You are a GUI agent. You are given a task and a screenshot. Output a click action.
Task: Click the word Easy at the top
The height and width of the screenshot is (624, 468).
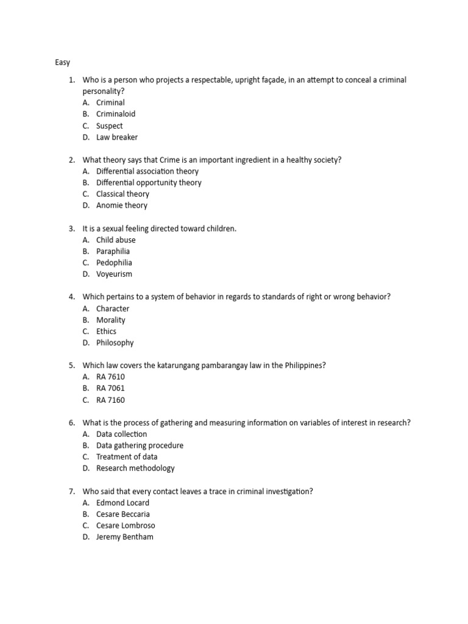tap(62, 62)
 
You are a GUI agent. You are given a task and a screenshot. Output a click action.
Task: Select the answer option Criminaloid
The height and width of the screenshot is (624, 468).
tap(116, 114)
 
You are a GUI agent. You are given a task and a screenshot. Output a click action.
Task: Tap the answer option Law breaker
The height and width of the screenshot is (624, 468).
tap(117, 137)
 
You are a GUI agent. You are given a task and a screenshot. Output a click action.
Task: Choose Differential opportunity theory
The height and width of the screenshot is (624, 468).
tap(149, 183)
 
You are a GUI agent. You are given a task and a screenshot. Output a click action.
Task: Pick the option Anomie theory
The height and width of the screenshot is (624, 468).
tap(122, 205)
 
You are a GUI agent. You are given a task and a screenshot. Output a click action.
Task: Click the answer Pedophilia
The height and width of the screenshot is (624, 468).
tap(114, 263)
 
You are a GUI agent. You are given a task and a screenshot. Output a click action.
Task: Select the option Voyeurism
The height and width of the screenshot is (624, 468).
tap(114, 274)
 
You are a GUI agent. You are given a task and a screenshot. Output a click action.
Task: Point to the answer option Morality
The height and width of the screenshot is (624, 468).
tap(111, 320)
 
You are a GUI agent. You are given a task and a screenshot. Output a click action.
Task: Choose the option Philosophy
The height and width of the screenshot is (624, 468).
tap(115, 343)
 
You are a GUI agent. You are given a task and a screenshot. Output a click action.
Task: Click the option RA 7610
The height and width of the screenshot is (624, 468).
tap(110, 377)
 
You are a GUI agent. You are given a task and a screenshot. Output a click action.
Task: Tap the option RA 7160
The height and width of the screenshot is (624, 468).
tap(110, 400)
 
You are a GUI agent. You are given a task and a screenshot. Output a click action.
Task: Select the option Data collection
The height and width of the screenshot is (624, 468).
tap(122, 434)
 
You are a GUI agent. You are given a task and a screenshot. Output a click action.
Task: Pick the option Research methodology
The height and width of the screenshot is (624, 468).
tap(135, 469)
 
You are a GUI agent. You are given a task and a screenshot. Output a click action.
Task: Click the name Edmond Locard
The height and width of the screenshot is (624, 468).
tap(122, 503)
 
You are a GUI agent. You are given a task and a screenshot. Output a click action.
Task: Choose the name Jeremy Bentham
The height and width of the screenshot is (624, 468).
tap(125, 537)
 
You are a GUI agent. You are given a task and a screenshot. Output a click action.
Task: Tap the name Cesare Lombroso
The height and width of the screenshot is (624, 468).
tap(126, 526)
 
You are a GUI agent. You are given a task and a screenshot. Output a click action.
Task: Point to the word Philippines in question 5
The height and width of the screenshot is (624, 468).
tap(303, 366)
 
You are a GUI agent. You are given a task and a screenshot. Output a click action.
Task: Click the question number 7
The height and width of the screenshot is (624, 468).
tap(71, 491)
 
